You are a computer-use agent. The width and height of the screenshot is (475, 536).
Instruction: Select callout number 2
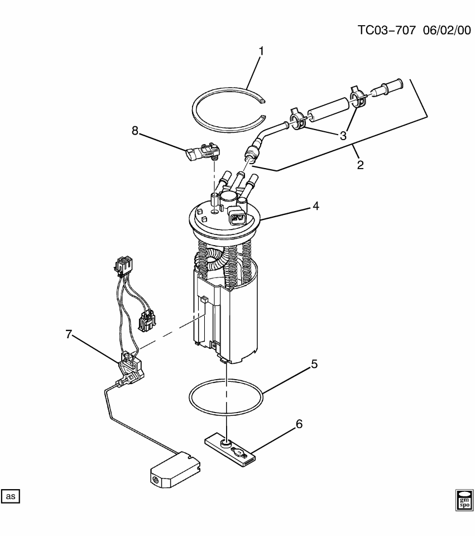[x=360, y=165]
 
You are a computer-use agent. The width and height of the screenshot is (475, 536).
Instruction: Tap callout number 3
[x=342, y=135]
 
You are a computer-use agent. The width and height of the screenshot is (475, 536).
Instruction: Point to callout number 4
[x=315, y=206]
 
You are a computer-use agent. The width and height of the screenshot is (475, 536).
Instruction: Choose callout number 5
[x=314, y=365]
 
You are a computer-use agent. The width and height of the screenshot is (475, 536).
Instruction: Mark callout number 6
[x=299, y=424]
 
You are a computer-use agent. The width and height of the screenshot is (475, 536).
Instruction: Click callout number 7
[x=69, y=334]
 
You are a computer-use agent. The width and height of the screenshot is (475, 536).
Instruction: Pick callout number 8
[x=135, y=131]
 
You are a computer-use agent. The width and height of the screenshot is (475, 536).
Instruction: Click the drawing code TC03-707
[x=386, y=31]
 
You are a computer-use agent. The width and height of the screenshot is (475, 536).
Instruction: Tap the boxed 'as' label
[x=11, y=496]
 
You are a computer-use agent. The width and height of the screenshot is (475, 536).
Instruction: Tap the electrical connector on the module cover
[x=237, y=217]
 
